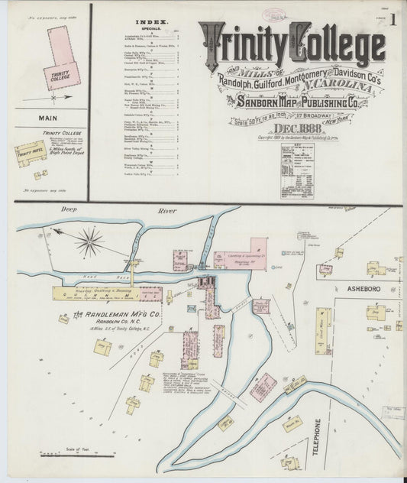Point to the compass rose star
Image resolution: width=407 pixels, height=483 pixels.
[x=89, y=242]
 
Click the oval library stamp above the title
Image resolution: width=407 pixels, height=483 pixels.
[x=273, y=15]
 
